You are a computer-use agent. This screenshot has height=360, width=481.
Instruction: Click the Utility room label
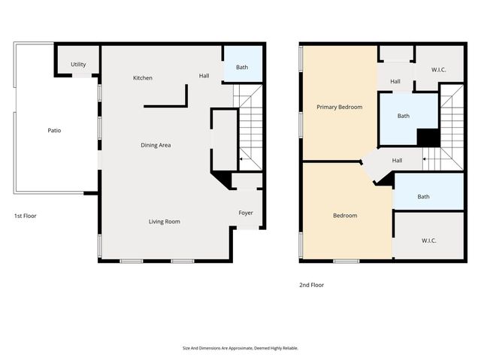[x=78, y=65]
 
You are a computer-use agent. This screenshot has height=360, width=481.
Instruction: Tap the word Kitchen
[x=143, y=78]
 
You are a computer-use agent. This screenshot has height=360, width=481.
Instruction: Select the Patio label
[x=54, y=131]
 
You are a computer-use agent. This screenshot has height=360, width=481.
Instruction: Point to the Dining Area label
[x=156, y=145]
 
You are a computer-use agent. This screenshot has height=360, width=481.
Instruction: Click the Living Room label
[x=164, y=222]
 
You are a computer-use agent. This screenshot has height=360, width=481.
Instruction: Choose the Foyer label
[x=247, y=213]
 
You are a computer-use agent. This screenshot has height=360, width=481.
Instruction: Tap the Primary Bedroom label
[x=339, y=107]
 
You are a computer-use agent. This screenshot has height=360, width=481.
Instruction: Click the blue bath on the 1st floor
[x=242, y=68]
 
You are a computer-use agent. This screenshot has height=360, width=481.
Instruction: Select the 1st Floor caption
[x=25, y=216]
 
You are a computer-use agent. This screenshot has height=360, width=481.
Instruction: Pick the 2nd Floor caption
[x=312, y=285]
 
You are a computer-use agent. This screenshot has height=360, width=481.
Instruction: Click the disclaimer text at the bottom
[x=240, y=348]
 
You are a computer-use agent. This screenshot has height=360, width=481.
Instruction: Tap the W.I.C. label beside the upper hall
[x=439, y=70]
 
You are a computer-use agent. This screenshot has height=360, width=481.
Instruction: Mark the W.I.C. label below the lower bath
[x=429, y=241]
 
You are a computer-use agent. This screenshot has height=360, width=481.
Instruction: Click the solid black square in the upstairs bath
[x=428, y=138]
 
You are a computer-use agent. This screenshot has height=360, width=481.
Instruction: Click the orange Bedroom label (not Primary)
[x=345, y=216]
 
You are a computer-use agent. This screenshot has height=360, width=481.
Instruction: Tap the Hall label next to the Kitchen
[x=204, y=76]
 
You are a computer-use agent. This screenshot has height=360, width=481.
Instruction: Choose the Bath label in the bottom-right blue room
[x=424, y=197]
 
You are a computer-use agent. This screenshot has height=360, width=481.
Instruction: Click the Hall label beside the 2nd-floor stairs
[x=397, y=160]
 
